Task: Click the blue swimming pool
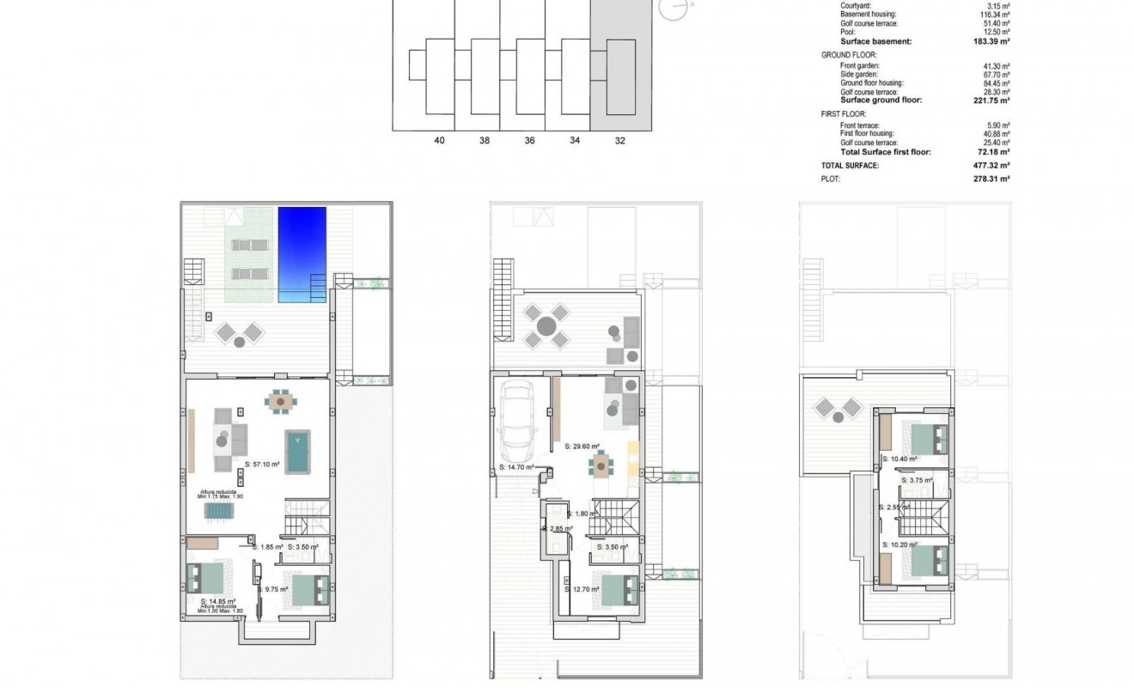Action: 302,254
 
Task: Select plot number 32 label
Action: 619,141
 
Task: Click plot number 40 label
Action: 440,141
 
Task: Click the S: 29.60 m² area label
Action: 582,447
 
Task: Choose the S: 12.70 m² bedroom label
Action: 582,589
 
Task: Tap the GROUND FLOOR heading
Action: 849,54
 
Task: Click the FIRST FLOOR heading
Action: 844,113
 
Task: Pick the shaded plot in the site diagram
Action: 619,65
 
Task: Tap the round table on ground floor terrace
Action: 546,326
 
